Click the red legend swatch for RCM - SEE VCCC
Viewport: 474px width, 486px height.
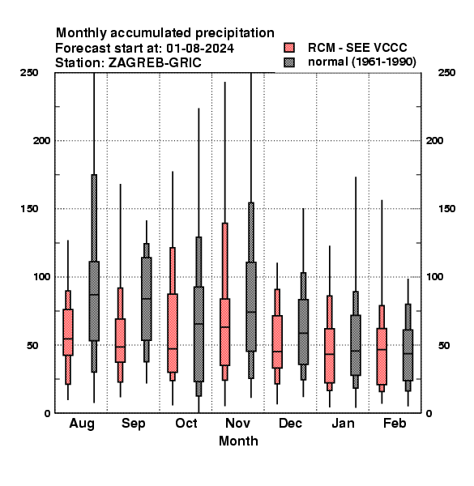pyautogui.click(x=289, y=48)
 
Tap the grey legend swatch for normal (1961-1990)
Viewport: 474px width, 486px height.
pyautogui.click(x=289, y=62)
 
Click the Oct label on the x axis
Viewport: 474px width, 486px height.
pyautogui.click(x=186, y=423)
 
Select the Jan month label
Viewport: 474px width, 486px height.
pyautogui.click(x=343, y=423)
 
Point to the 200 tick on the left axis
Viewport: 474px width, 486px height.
pyautogui.click(x=42, y=141)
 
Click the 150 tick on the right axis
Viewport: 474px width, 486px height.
pyautogui.click(x=447, y=209)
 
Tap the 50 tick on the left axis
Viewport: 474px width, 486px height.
pyautogui.click(x=32, y=345)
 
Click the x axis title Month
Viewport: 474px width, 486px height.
pyautogui.click(x=238, y=441)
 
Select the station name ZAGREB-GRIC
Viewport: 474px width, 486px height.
pyautogui.click(x=155, y=63)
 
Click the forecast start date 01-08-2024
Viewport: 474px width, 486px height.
pyautogui.click(x=200, y=49)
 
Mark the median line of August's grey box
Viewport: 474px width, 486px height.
pyautogui.click(x=94, y=295)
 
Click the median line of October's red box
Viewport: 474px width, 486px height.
pyautogui.click(x=173, y=348)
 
